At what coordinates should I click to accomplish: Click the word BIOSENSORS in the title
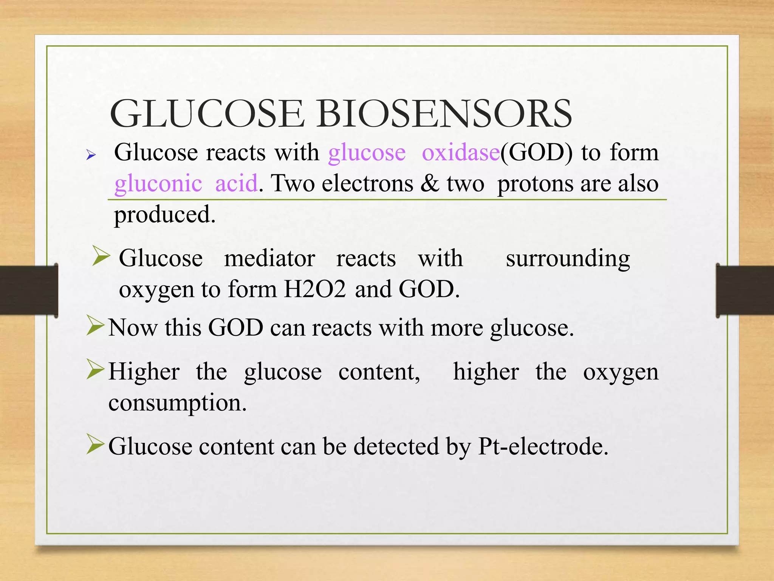click(444, 114)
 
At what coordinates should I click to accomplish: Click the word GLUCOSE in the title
click(207, 114)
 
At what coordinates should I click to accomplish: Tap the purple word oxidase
click(461, 153)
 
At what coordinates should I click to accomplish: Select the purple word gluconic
click(158, 184)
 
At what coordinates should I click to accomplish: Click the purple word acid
click(237, 183)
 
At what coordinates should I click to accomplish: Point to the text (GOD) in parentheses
click(537, 153)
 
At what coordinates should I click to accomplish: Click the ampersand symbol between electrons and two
click(430, 183)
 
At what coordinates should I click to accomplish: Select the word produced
click(165, 215)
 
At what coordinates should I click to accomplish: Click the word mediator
click(269, 259)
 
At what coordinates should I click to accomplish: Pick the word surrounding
click(568, 259)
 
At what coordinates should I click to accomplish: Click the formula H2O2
click(315, 290)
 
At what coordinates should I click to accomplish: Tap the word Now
click(133, 328)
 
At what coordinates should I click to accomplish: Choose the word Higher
click(144, 372)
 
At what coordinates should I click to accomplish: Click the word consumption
click(177, 403)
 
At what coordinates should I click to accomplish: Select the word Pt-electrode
click(543, 447)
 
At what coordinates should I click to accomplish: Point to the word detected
click(396, 447)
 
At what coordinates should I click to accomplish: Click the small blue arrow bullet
click(91, 155)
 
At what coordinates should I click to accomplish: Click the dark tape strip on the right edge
click(745, 290)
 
